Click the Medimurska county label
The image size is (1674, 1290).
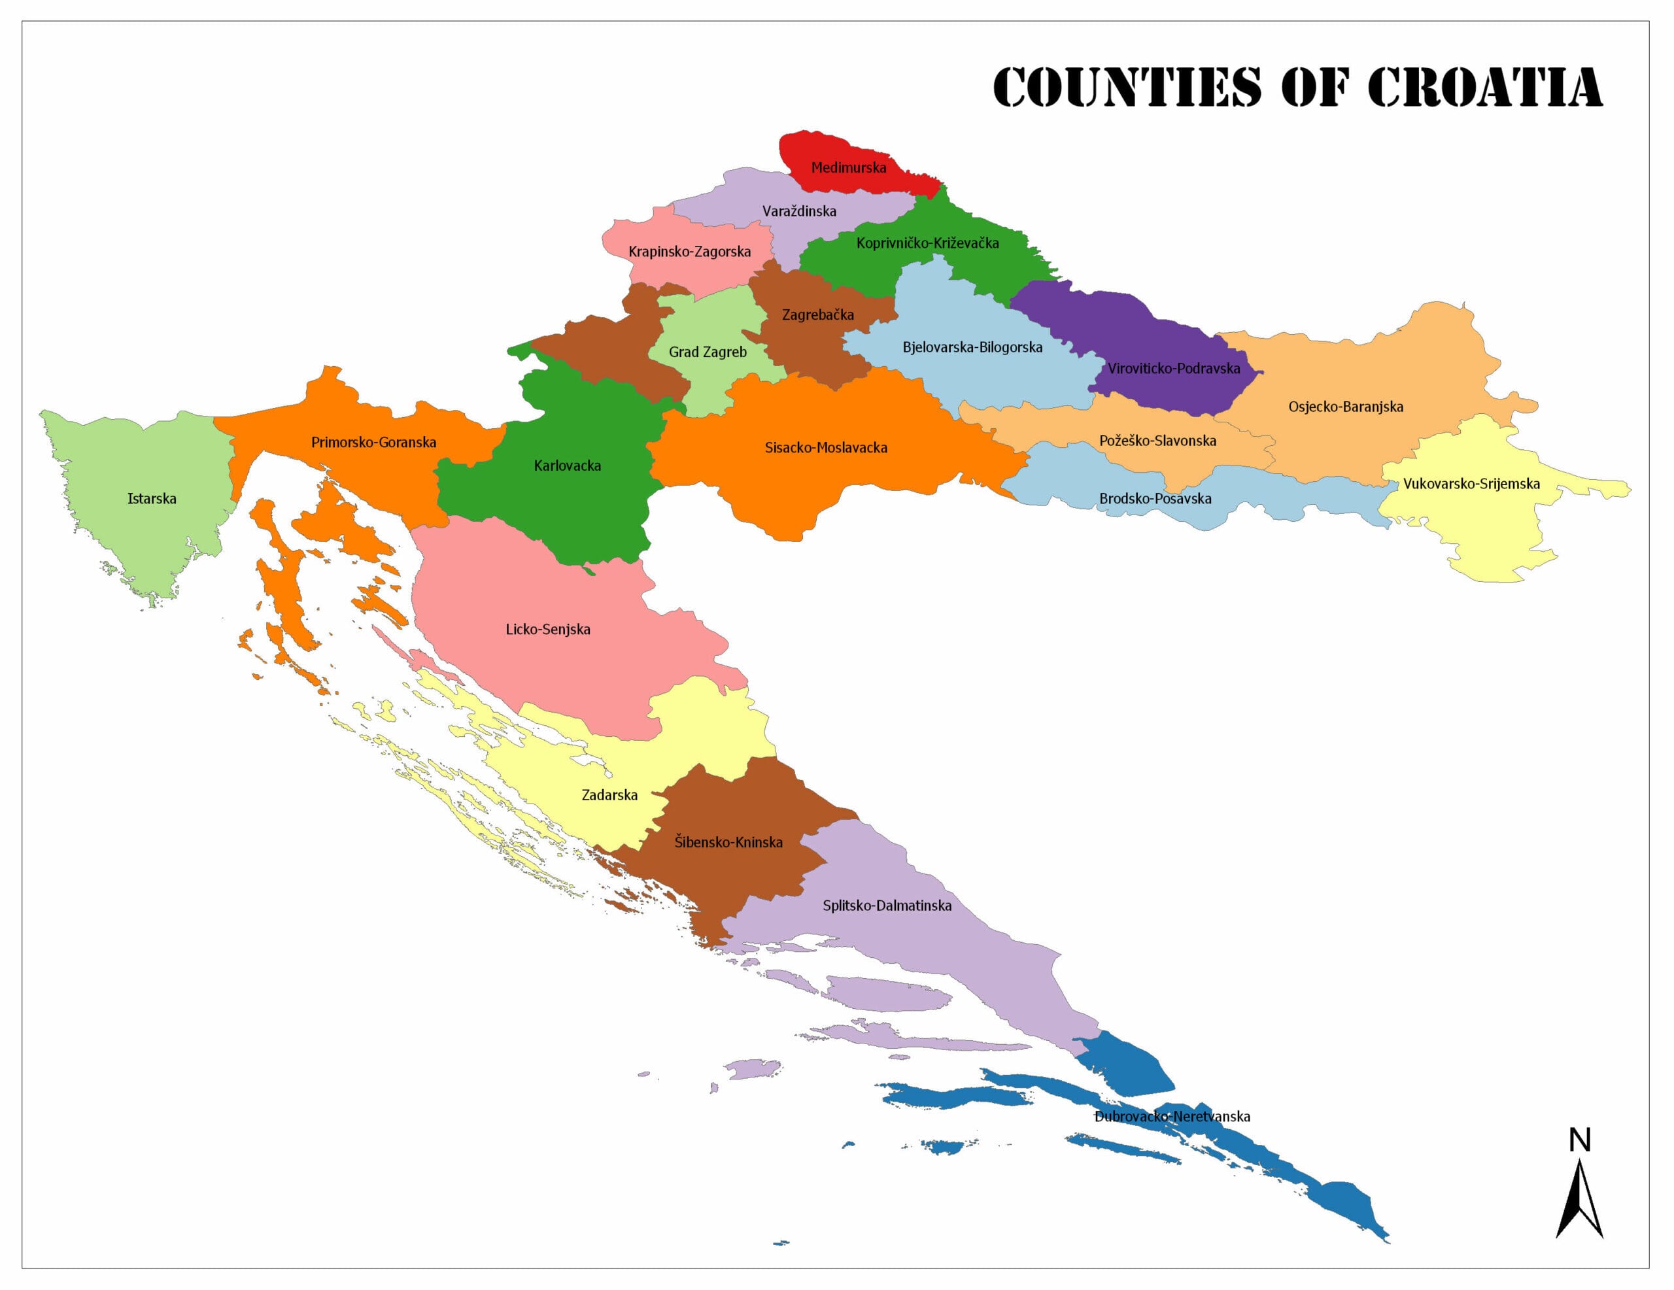pyautogui.click(x=849, y=168)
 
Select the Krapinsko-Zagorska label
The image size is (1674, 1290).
pyautogui.click(x=689, y=252)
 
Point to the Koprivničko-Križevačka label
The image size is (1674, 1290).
pyautogui.click(x=927, y=244)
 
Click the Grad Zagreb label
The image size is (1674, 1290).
pyautogui.click(x=708, y=352)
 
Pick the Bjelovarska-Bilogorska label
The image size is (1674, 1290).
pyautogui.click(x=972, y=348)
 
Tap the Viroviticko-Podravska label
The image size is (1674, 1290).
pyautogui.click(x=1174, y=369)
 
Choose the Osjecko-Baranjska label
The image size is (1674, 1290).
pyautogui.click(x=1345, y=407)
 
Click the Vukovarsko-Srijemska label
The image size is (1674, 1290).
pyautogui.click(x=1471, y=484)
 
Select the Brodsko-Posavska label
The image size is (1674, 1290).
pyautogui.click(x=1155, y=499)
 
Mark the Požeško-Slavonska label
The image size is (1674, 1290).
pyautogui.click(x=1157, y=441)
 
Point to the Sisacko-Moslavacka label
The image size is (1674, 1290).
pyautogui.click(x=825, y=449)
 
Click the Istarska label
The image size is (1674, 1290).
pyautogui.click(x=152, y=499)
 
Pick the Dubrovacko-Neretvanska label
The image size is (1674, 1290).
pyautogui.click(x=1172, y=1117)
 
